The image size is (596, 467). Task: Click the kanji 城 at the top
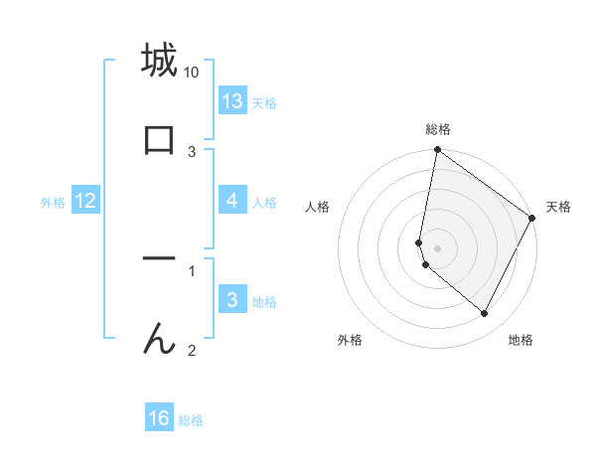[x=159, y=61]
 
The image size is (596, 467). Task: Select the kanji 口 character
[x=159, y=138]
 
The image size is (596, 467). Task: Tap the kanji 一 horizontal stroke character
[x=159, y=259]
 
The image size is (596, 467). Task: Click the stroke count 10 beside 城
[x=192, y=73]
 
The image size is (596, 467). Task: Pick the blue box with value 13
[x=232, y=101]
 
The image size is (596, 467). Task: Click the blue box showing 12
[x=85, y=201]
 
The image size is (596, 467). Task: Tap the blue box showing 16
[x=159, y=418]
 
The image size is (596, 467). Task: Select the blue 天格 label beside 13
[x=264, y=103]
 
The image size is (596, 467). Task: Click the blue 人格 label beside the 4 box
[x=264, y=203]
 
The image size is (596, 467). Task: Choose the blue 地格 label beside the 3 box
[x=264, y=302]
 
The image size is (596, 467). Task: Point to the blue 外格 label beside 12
[x=53, y=203]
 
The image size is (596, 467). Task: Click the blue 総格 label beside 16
[x=191, y=420]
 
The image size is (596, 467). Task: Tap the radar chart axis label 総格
[x=437, y=129]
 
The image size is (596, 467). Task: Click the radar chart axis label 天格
[x=558, y=207]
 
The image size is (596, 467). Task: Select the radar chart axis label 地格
[x=521, y=340]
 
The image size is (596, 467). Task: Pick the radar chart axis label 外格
[x=350, y=340]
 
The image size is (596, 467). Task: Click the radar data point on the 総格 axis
[x=437, y=151]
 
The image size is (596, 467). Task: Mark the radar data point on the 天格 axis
[x=532, y=218]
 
